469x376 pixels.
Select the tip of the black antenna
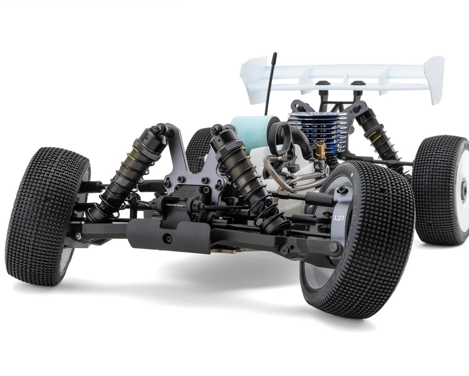pyautogui.click(x=275, y=54)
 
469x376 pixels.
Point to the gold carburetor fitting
pyautogui.click(x=320, y=150)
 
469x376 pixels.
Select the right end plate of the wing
pyautogui.click(x=435, y=78)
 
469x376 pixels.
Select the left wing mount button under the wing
pyautogui.click(x=322, y=83)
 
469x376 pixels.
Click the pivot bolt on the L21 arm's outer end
pyautogui.click(x=333, y=247)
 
